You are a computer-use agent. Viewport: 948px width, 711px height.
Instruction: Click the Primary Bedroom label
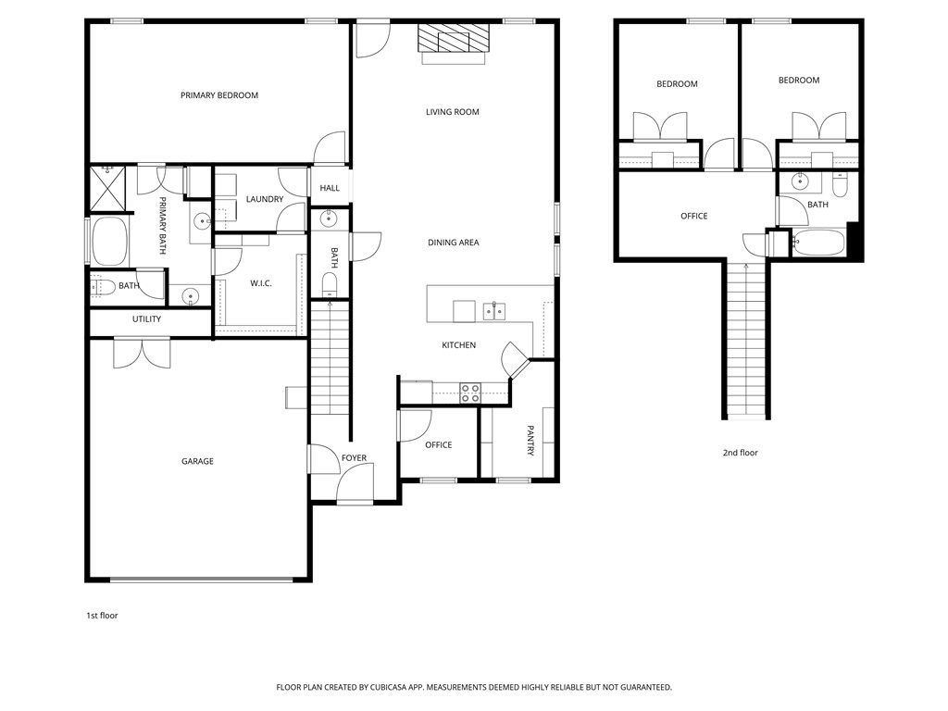coord(219,95)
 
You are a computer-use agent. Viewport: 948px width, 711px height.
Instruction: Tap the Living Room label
coord(453,112)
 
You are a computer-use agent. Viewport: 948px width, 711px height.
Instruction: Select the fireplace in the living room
coord(453,40)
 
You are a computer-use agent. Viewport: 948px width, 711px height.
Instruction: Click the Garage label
coord(197,461)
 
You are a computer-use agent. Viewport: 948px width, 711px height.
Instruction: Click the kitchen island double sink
coord(493,310)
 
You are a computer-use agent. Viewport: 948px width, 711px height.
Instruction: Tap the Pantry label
coord(530,441)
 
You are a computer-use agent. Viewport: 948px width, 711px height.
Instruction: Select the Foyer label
coord(354,458)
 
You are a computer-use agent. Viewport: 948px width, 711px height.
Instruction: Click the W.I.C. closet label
coord(260,283)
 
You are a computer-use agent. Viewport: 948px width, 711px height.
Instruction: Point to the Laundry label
coord(265,199)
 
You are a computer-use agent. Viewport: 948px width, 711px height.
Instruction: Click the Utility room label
coord(146,319)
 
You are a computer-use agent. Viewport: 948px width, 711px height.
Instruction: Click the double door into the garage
coord(142,353)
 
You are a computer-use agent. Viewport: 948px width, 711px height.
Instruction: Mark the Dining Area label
coord(453,243)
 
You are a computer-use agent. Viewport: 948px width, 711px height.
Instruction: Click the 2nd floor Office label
coord(693,216)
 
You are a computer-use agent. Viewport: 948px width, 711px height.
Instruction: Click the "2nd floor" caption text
coord(740,453)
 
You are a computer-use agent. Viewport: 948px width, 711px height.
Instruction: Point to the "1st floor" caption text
coord(101,616)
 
